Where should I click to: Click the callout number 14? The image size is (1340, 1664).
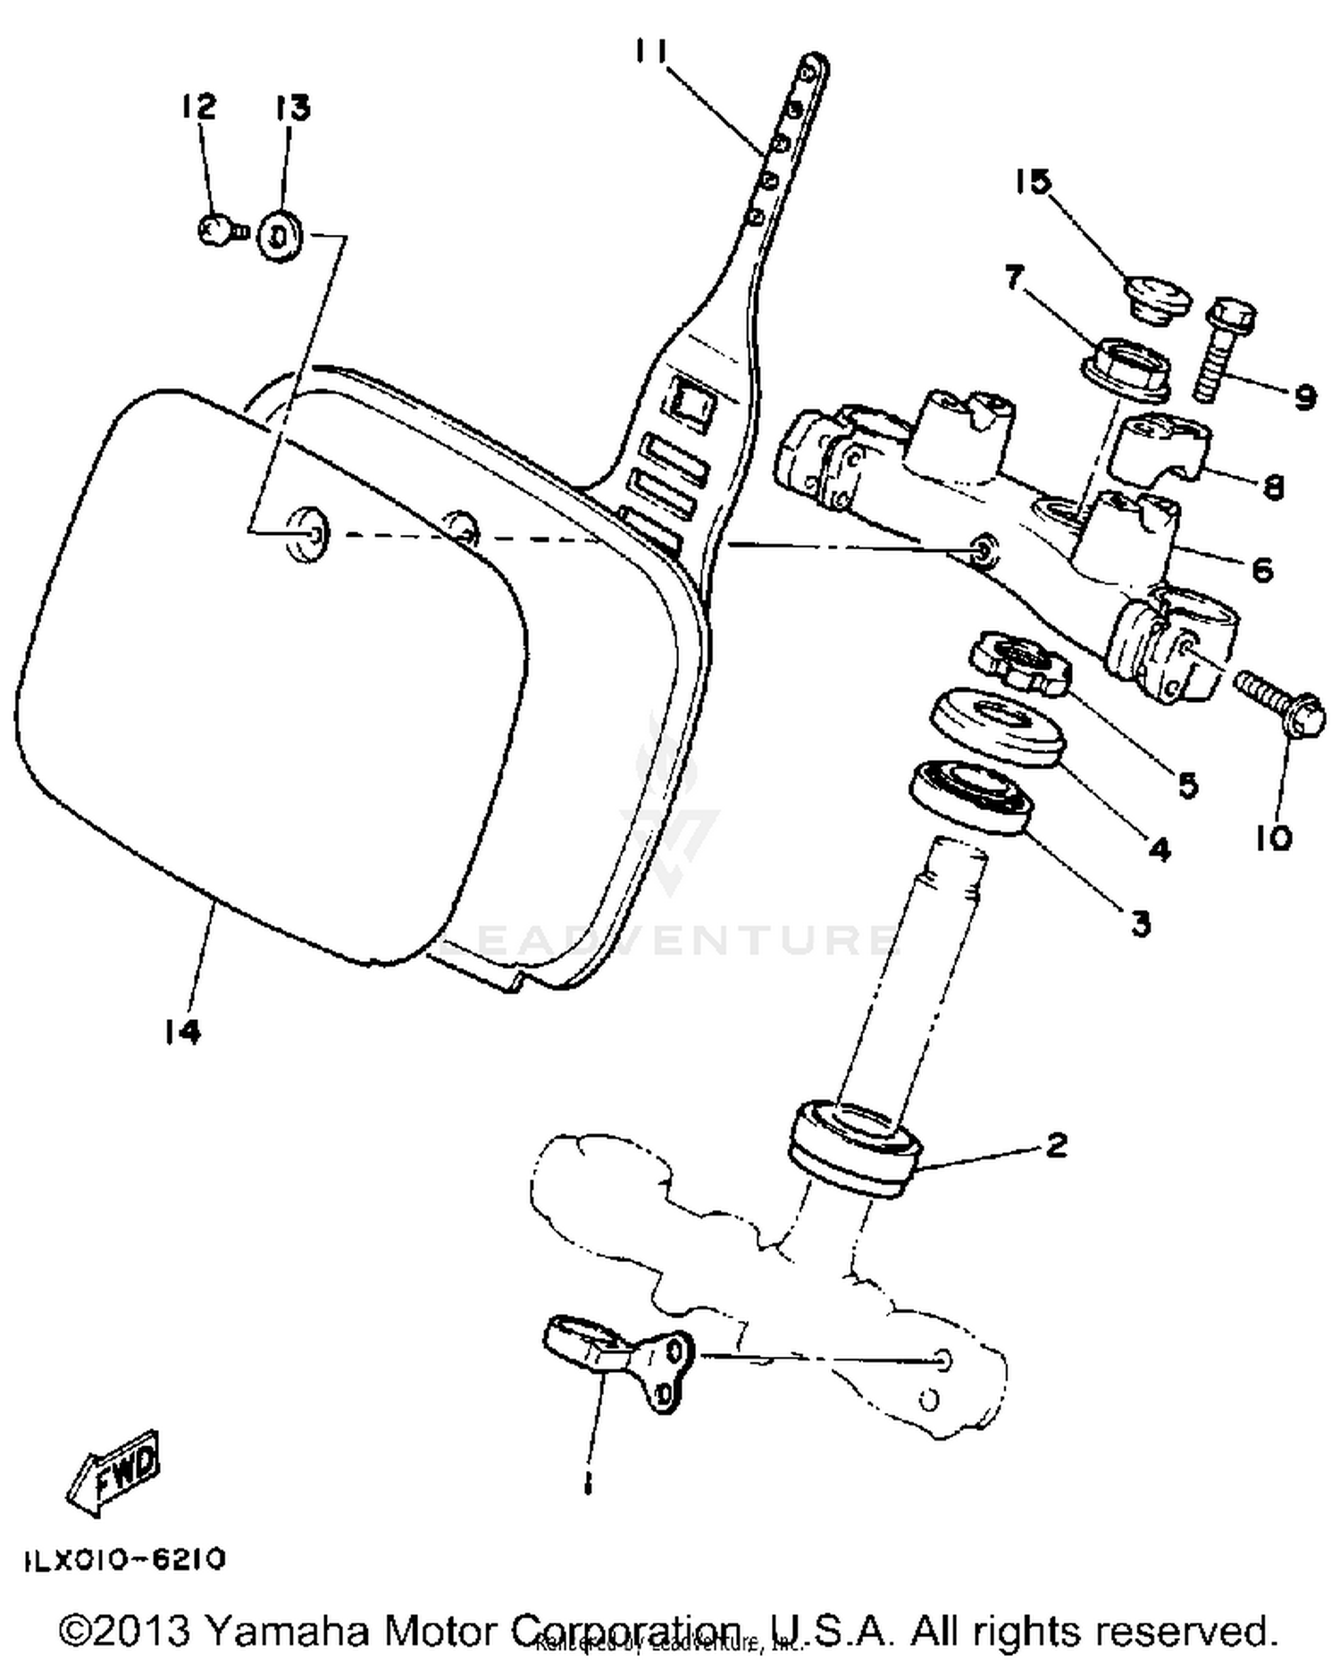(182, 1032)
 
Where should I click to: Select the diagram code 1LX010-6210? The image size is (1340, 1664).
(123, 1559)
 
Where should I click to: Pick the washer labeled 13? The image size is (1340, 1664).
(280, 237)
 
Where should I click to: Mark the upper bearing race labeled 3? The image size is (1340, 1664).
(972, 796)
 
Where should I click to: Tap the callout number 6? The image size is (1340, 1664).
(1261, 569)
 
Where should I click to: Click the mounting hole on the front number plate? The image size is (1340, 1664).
(306, 533)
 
